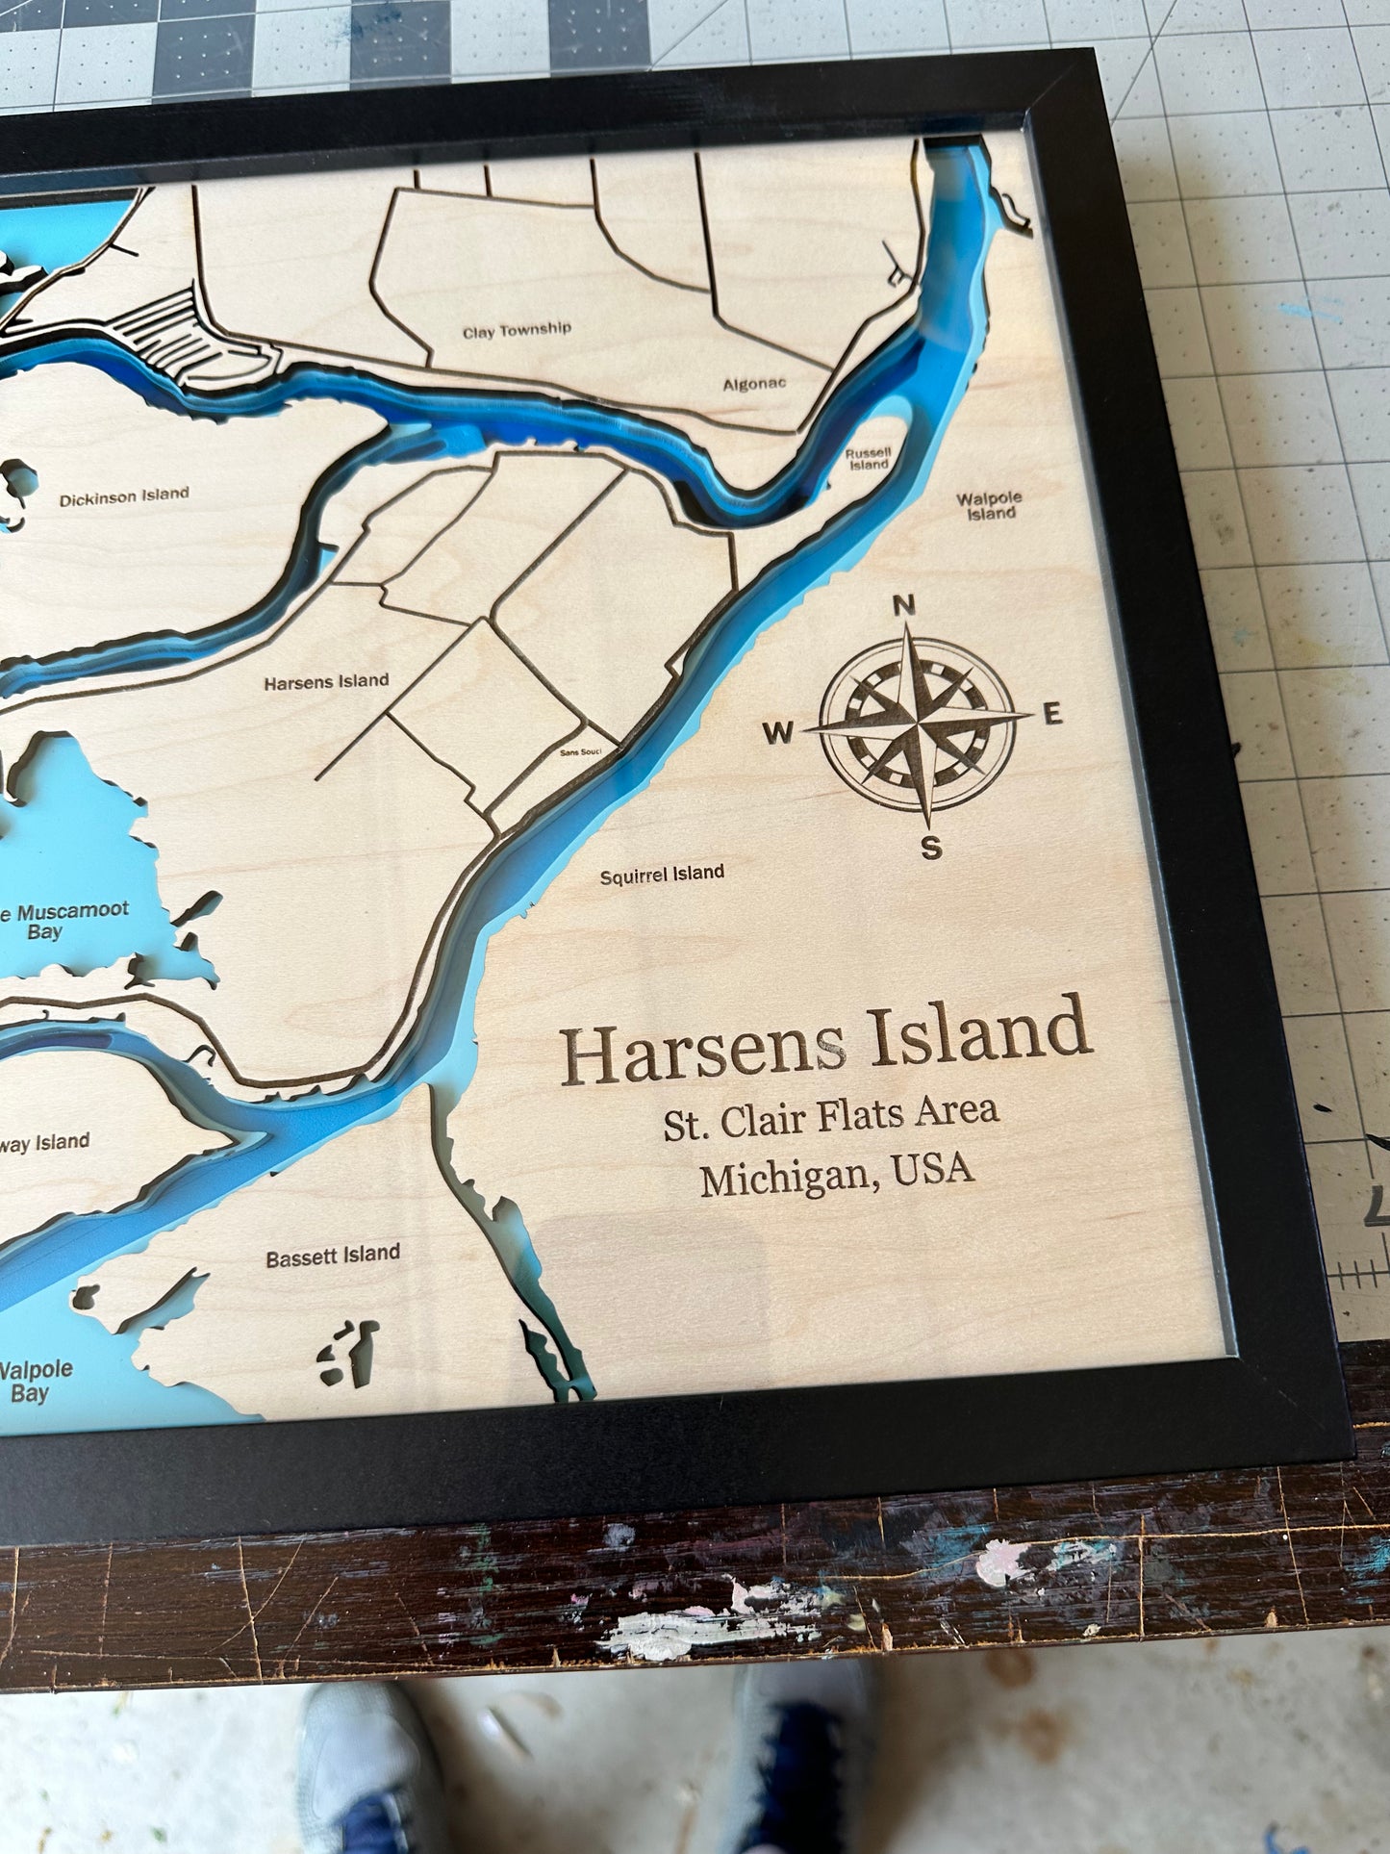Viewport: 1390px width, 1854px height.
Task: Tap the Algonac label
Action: [x=754, y=384]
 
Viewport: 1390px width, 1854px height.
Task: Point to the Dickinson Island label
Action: [x=124, y=497]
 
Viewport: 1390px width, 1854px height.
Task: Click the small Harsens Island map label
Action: [x=326, y=681]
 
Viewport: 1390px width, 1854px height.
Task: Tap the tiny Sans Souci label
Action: [x=581, y=753]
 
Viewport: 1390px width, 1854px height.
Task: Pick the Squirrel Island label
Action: [x=662, y=874]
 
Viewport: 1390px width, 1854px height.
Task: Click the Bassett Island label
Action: [x=333, y=1254]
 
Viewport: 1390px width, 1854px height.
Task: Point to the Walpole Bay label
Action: [x=35, y=1378]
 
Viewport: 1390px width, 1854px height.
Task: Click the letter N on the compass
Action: [x=903, y=606]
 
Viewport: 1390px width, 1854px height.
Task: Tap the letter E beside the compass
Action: [x=1051, y=715]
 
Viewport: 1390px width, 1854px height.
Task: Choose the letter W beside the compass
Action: [x=778, y=734]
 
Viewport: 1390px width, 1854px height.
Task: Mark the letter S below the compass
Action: [x=930, y=850]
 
